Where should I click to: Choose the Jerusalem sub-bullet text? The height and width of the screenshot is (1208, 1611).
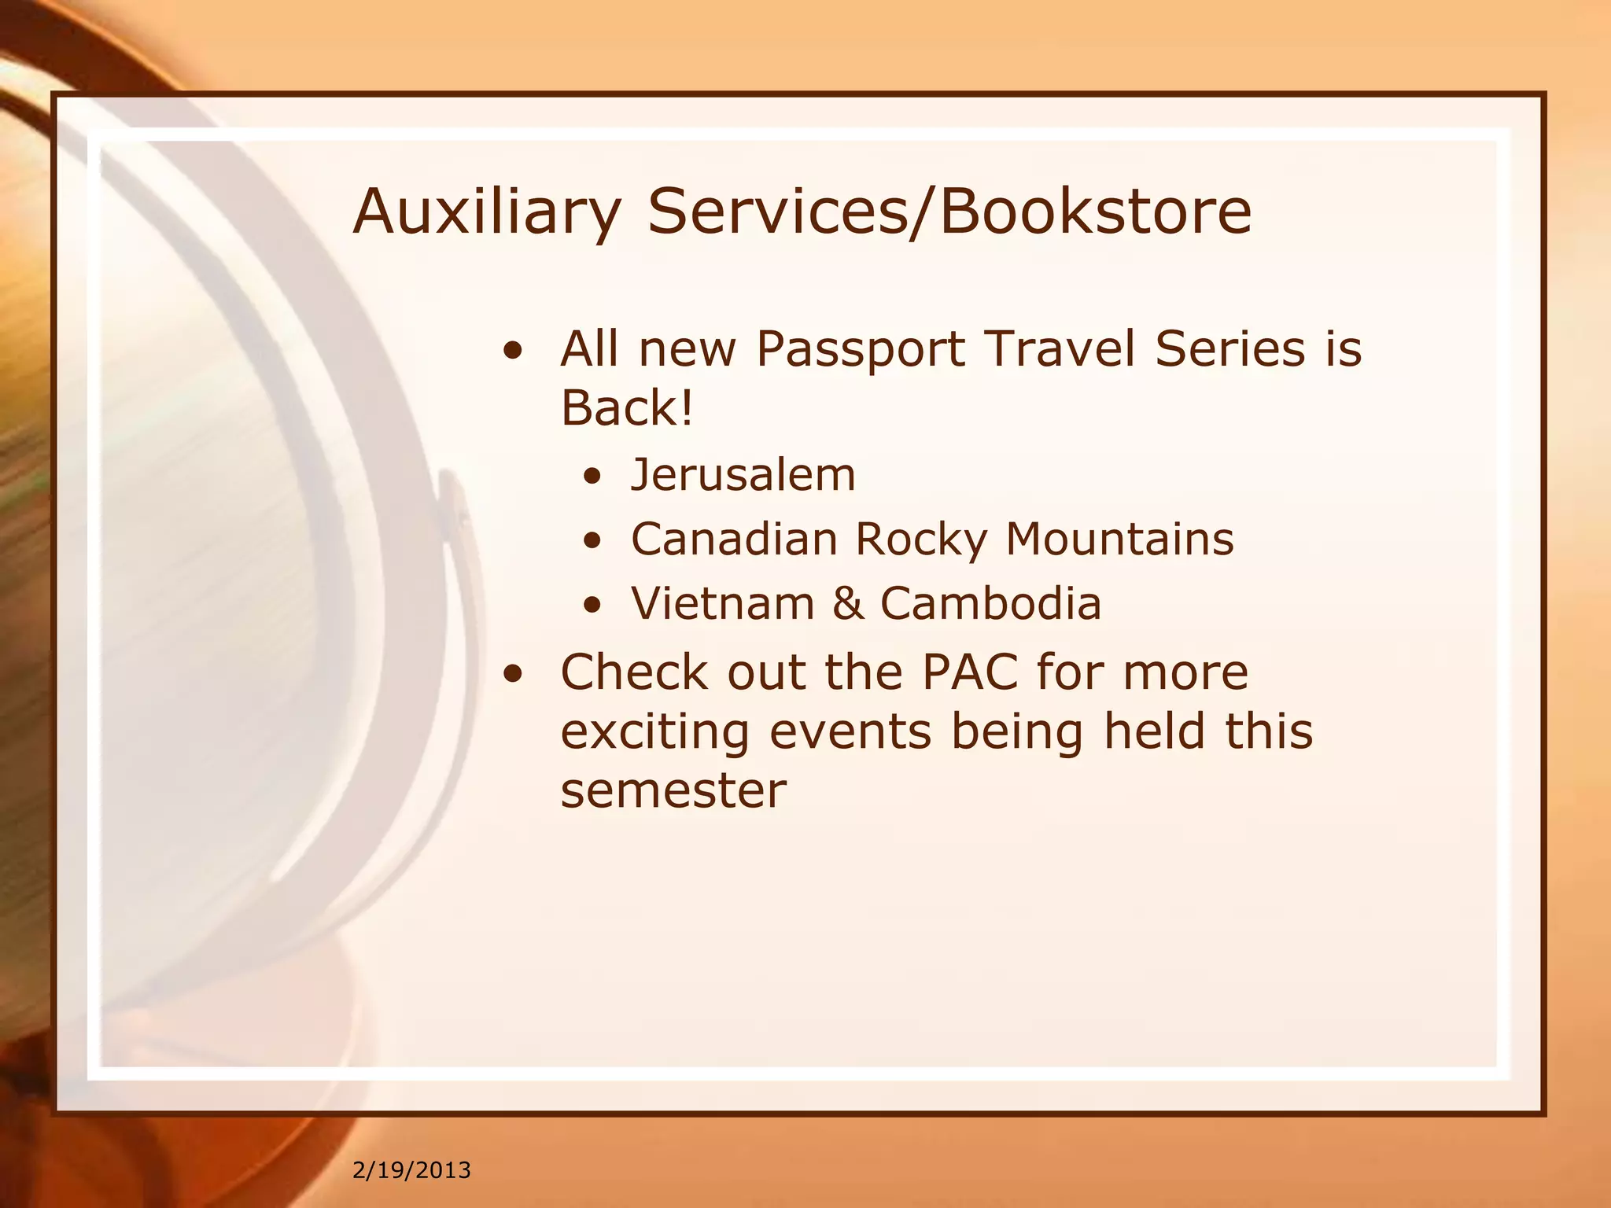[x=743, y=474]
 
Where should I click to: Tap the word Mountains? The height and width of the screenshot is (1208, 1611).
[x=1119, y=539]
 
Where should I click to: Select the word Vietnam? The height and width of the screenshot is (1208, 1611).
[x=722, y=603]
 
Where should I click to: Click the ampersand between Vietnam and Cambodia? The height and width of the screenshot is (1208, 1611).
[x=847, y=603]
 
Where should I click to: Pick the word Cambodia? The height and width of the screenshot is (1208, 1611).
[x=990, y=603]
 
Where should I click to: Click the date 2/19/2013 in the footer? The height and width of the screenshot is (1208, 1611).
[x=411, y=1170]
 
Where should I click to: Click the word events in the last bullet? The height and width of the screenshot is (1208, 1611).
[x=850, y=731]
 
